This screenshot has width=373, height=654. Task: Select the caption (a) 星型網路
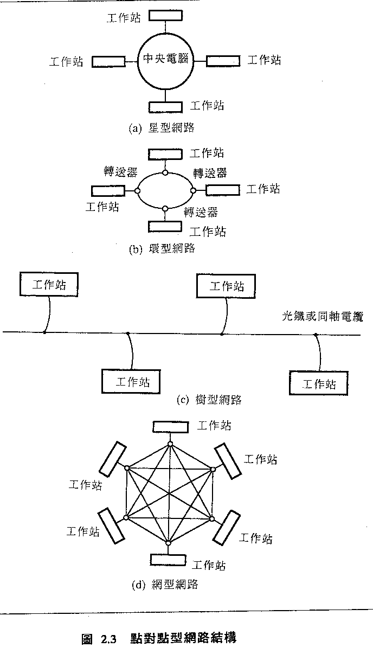click(x=162, y=128)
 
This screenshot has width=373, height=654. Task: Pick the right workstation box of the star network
click(x=223, y=61)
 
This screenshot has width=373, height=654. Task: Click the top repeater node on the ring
click(x=165, y=172)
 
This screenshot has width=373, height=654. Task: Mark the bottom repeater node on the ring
click(x=165, y=208)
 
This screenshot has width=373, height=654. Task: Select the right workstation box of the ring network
click(x=222, y=190)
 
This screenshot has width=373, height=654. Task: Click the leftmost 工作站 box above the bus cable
click(x=49, y=285)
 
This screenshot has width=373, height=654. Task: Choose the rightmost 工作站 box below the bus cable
click(x=319, y=383)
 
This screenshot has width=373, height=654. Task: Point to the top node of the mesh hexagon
click(x=170, y=444)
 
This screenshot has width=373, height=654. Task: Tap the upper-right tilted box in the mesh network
click(x=227, y=461)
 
